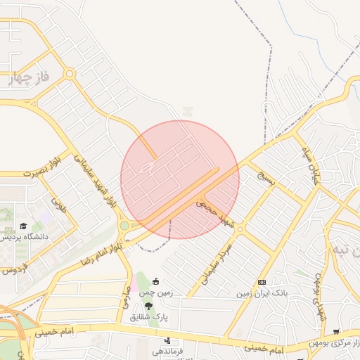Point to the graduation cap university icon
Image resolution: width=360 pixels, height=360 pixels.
pyautogui.click(x=25, y=226)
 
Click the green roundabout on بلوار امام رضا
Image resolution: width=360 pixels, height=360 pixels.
pyautogui.click(x=124, y=226)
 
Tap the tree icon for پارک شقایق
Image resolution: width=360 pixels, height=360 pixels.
pyautogui.click(x=148, y=305)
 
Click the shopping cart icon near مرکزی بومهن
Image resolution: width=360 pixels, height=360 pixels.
pyautogui.click(x=336, y=331)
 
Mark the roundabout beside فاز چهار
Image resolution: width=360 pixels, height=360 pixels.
pyautogui.click(x=69, y=73)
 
